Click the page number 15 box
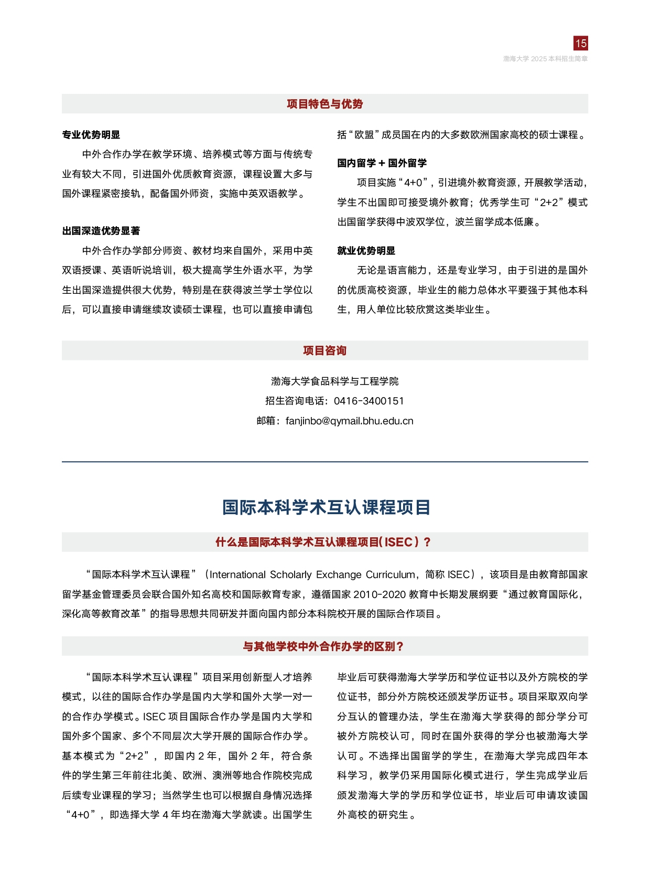pyautogui.click(x=580, y=43)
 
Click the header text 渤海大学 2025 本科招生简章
pyautogui.click(x=545, y=59)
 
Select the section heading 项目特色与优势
pyautogui.click(x=324, y=104)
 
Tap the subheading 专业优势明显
pyautogui.click(x=91, y=135)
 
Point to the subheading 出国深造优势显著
pyautogui.click(x=101, y=231)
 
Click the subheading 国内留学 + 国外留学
pyautogui.click(x=382, y=163)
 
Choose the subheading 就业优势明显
pyautogui.click(x=366, y=251)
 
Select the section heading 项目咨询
pyautogui.click(x=324, y=350)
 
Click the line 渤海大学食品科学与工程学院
pyautogui.click(x=334, y=381)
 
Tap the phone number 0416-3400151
pyautogui.click(x=369, y=401)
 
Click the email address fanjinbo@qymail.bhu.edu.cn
pyautogui.click(x=349, y=421)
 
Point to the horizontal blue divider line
pyautogui.click(x=324, y=462)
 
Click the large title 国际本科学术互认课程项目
pyautogui.click(x=326, y=507)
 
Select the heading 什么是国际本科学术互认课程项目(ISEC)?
pyautogui.click(x=323, y=542)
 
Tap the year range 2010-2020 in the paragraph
pyautogui.click(x=380, y=594)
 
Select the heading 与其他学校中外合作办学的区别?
pyautogui.click(x=323, y=646)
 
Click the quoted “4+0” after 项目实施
pyautogui.click(x=414, y=183)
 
